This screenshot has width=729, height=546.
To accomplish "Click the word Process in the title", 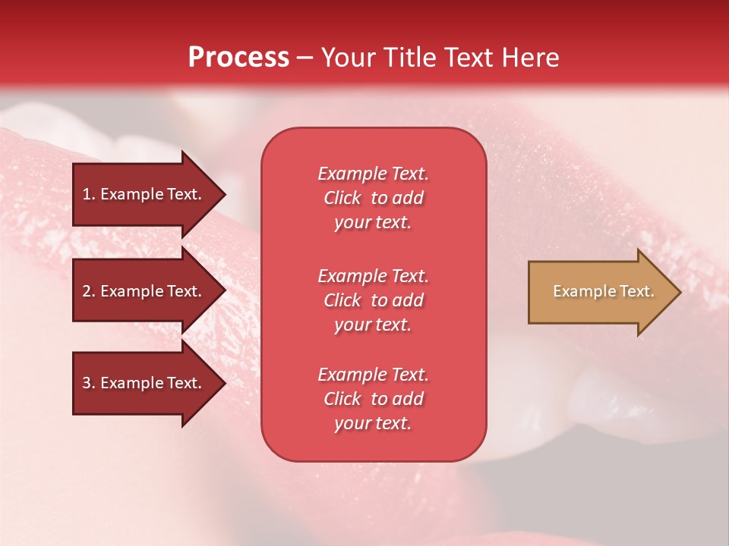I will tap(238, 58).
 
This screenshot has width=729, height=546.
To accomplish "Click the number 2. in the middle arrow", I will tap(89, 291).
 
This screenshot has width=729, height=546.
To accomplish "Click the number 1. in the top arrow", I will tap(89, 194).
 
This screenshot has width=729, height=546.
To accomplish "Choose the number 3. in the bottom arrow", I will tap(89, 383).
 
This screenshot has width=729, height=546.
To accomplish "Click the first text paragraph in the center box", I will tap(373, 198).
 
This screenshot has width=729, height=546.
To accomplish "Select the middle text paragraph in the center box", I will tap(373, 300).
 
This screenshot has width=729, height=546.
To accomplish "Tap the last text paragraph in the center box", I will tap(373, 399).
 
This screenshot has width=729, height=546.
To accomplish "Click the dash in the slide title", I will tap(305, 58).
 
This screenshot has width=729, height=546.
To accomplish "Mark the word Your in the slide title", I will tap(346, 58).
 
